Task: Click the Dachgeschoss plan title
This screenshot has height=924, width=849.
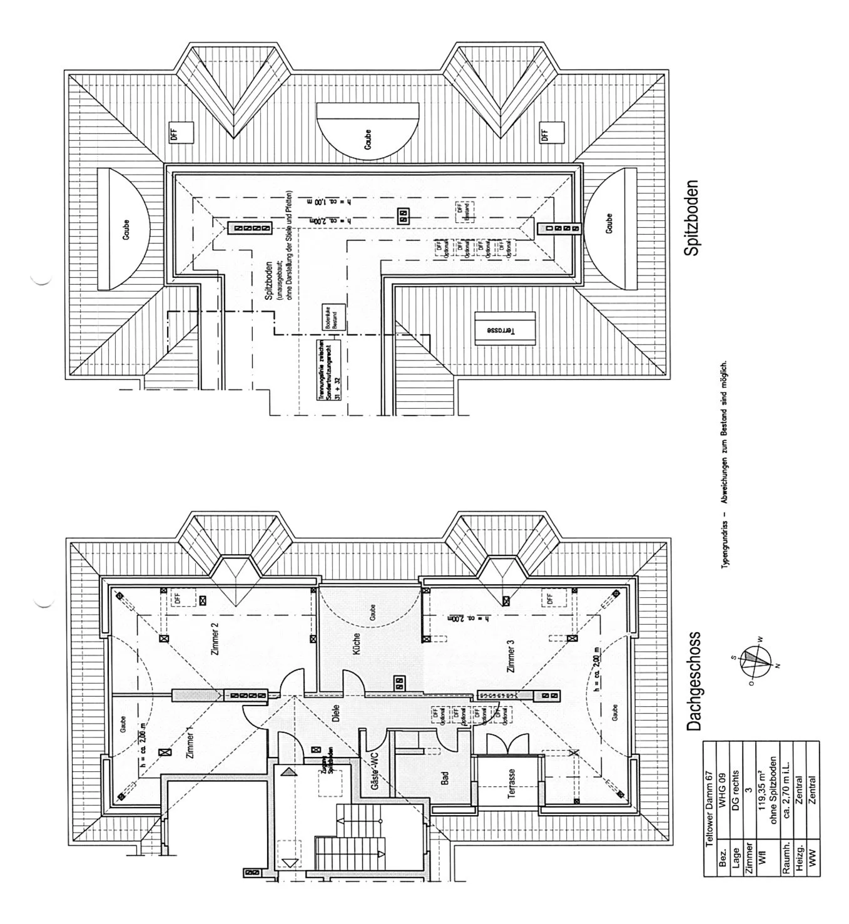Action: click(x=693, y=682)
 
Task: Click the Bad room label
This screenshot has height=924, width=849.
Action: click(x=445, y=778)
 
